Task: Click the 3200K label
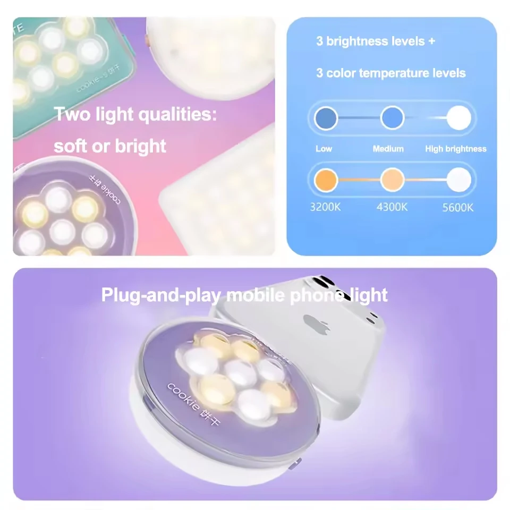coord(325,207)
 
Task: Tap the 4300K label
coord(392,207)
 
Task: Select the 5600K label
coord(457,208)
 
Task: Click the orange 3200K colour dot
coord(326,180)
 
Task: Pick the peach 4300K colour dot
coord(393,180)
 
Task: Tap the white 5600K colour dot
coord(458,180)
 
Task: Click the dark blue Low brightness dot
coord(326,118)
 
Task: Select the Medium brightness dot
coord(393,118)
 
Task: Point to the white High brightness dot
coord(458,118)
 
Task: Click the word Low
coord(324,149)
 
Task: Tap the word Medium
coord(388,149)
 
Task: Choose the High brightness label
coord(455,149)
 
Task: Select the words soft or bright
coord(110,146)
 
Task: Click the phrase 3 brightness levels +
coord(376,41)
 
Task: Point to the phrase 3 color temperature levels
coord(391,73)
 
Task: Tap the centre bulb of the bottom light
coord(236,370)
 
